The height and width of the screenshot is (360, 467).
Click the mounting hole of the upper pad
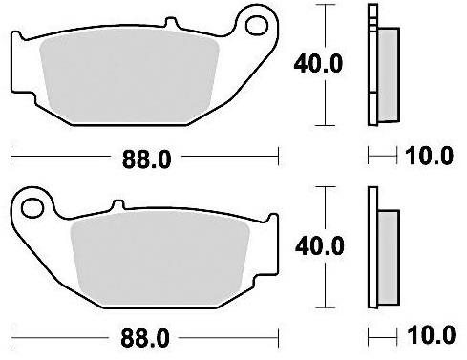[257, 26]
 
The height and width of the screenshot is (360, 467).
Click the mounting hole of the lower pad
[32, 208]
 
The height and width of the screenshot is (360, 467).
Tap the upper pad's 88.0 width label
[147, 159]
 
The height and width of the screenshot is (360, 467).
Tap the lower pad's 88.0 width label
[145, 338]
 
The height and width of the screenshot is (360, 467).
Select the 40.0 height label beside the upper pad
[318, 64]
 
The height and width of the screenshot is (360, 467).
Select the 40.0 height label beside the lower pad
[320, 245]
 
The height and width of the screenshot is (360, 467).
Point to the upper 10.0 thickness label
[429, 156]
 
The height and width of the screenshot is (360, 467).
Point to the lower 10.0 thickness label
[431, 334]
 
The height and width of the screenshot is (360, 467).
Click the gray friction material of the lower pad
[159, 259]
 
